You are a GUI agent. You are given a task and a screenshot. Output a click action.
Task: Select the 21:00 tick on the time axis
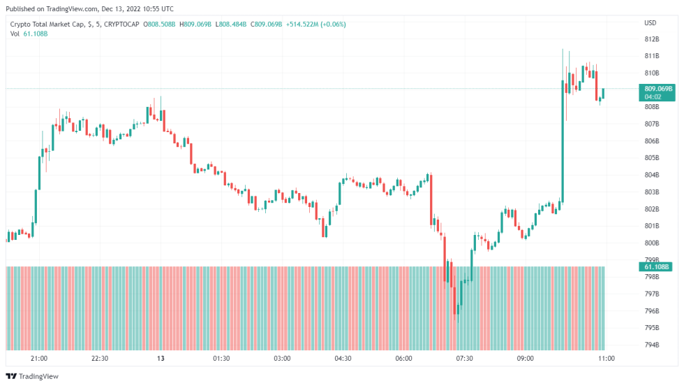[39, 359]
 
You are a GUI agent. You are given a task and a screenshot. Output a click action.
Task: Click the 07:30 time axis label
[464, 359]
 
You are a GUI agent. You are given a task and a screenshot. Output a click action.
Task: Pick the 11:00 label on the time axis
[607, 359]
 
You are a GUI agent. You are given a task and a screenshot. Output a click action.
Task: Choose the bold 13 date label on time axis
[161, 359]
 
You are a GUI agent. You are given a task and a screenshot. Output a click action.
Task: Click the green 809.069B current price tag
[657, 90]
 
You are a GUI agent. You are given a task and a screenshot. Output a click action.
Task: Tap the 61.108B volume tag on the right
[657, 267]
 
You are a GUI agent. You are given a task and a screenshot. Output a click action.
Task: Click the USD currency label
[650, 23]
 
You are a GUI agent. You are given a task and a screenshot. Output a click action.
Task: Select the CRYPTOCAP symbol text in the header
[119, 24]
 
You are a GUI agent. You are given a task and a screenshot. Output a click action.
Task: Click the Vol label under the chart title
[15, 34]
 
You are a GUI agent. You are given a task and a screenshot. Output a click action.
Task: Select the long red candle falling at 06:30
[431, 199]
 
